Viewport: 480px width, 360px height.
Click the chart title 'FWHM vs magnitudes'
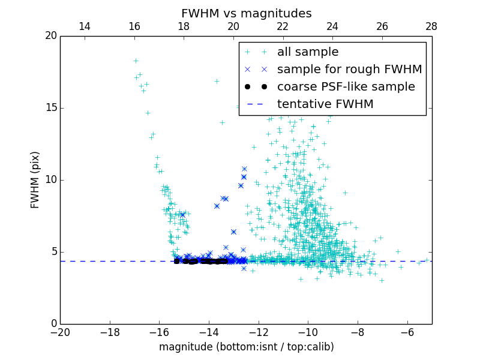[246, 13]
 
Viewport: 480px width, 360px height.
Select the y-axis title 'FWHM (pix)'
[35, 180]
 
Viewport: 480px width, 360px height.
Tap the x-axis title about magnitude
[246, 347]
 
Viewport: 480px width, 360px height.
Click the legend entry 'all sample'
[308, 52]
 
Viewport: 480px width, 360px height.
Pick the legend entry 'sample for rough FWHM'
[349, 70]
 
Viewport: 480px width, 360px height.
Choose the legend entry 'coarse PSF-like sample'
[346, 87]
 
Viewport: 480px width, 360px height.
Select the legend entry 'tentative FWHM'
[325, 104]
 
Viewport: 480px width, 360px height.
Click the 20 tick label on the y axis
[50, 36]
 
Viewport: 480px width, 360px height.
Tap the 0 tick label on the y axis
[53, 324]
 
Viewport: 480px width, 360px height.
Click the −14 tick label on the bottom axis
[209, 332]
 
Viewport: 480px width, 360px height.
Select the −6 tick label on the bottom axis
[407, 332]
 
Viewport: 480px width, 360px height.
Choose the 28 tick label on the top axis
[431, 26]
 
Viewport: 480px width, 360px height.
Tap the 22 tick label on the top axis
[283, 26]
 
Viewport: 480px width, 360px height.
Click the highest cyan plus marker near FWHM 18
[136, 61]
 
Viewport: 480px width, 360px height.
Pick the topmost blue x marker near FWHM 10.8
[244, 169]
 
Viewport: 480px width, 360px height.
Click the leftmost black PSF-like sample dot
[176, 261]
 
